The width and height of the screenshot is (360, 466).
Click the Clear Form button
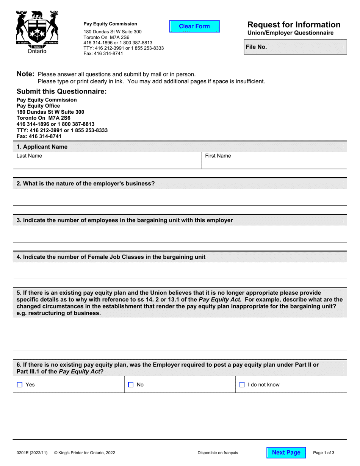[x=194, y=26]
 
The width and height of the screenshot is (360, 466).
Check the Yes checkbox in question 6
[x=20, y=385]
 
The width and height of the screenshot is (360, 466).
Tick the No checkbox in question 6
[x=131, y=385]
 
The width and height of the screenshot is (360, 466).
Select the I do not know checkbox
[x=242, y=385]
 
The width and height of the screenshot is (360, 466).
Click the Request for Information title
[x=294, y=25]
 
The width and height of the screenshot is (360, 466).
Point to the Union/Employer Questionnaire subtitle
[x=290, y=33]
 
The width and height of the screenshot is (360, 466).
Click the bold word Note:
[x=26, y=74]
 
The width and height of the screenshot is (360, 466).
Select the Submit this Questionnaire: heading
[x=62, y=91]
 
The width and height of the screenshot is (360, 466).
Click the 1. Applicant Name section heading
[x=42, y=147]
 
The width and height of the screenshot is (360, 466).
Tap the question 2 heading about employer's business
[x=86, y=184]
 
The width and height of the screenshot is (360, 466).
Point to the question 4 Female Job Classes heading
[x=111, y=257]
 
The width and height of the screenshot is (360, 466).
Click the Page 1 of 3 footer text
[x=324, y=453]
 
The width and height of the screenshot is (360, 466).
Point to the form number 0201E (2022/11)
[x=32, y=453]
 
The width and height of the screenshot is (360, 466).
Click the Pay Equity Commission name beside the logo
[x=110, y=24]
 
